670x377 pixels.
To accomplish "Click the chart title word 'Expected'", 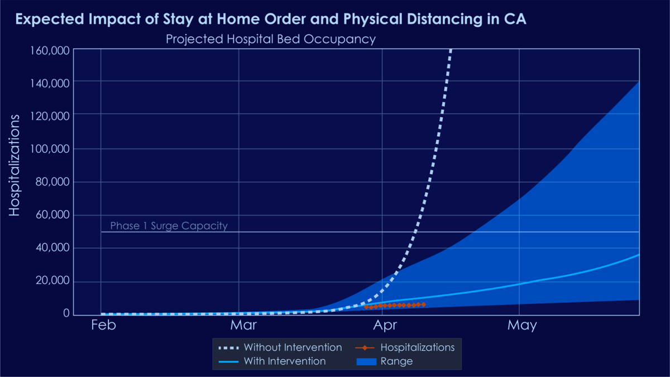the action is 50,19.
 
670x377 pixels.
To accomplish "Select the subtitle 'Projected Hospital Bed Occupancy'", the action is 271,39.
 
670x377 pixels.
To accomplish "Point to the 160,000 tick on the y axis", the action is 50,51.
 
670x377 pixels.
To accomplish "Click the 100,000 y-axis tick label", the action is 50,149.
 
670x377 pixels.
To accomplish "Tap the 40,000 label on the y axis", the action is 52,247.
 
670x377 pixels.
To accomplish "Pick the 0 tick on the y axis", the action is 66,313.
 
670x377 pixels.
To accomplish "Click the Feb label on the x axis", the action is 103,325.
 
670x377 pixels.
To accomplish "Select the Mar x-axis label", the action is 243,325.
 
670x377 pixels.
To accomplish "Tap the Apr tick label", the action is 385,326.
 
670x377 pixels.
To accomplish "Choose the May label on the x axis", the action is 522,326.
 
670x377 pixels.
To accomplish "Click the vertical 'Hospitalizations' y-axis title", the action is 14,165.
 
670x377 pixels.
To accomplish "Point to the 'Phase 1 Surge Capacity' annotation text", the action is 169,226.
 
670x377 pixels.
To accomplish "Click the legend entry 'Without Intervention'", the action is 293,347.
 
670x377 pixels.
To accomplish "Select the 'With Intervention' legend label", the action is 285,361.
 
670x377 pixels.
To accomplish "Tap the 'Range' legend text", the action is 396,361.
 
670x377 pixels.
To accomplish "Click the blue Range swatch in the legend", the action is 366,361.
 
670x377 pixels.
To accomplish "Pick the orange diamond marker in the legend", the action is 365,347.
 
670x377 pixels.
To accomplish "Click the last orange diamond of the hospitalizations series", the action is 423,304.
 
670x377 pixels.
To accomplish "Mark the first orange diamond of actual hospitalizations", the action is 366,307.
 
